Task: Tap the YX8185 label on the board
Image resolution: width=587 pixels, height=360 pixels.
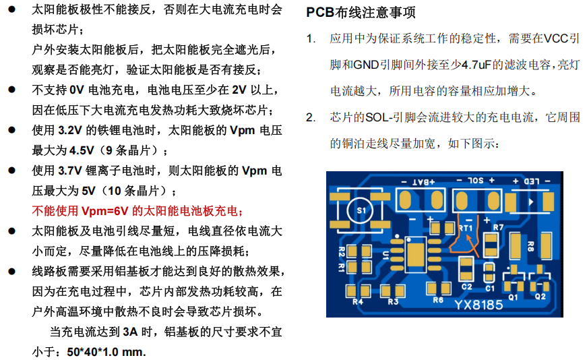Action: (x=478, y=305)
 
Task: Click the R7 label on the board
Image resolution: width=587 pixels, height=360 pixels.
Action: (x=498, y=227)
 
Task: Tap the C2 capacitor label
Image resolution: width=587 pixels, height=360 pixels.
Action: (x=466, y=287)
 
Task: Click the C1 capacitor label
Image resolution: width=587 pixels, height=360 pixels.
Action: (x=490, y=288)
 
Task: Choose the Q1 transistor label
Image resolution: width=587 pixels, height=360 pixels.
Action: (x=513, y=295)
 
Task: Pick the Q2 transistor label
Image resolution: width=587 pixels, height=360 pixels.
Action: (x=540, y=295)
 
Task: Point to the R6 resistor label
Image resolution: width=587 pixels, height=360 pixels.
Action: (x=438, y=300)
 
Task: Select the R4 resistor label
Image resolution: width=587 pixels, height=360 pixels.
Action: (x=357, y=301)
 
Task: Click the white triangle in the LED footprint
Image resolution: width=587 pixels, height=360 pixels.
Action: (x=532, y=202)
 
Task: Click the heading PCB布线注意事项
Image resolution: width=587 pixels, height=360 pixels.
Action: (x=361, y=13)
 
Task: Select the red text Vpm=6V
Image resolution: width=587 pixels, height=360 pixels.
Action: (x=106, y=210)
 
